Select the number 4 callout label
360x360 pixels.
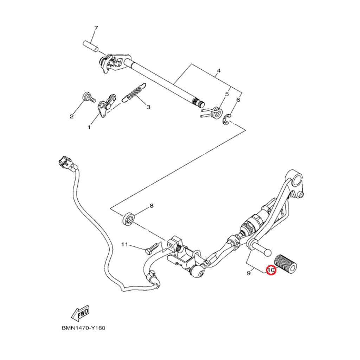tap(218, 71)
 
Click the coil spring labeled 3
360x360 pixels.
tap(134, 93)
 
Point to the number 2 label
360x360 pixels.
tap(71, 116)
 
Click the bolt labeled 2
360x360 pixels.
tap(88, 97)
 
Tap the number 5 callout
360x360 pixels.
tap(227, 94)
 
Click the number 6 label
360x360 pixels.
tap(238, 100)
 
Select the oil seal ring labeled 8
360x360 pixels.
tap(129, 219)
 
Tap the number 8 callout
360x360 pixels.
tap(152, 206)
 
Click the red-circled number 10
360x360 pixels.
tap(271, 270)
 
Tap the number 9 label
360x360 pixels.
tap(248, 273)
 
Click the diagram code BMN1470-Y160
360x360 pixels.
tap(84, 328)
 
